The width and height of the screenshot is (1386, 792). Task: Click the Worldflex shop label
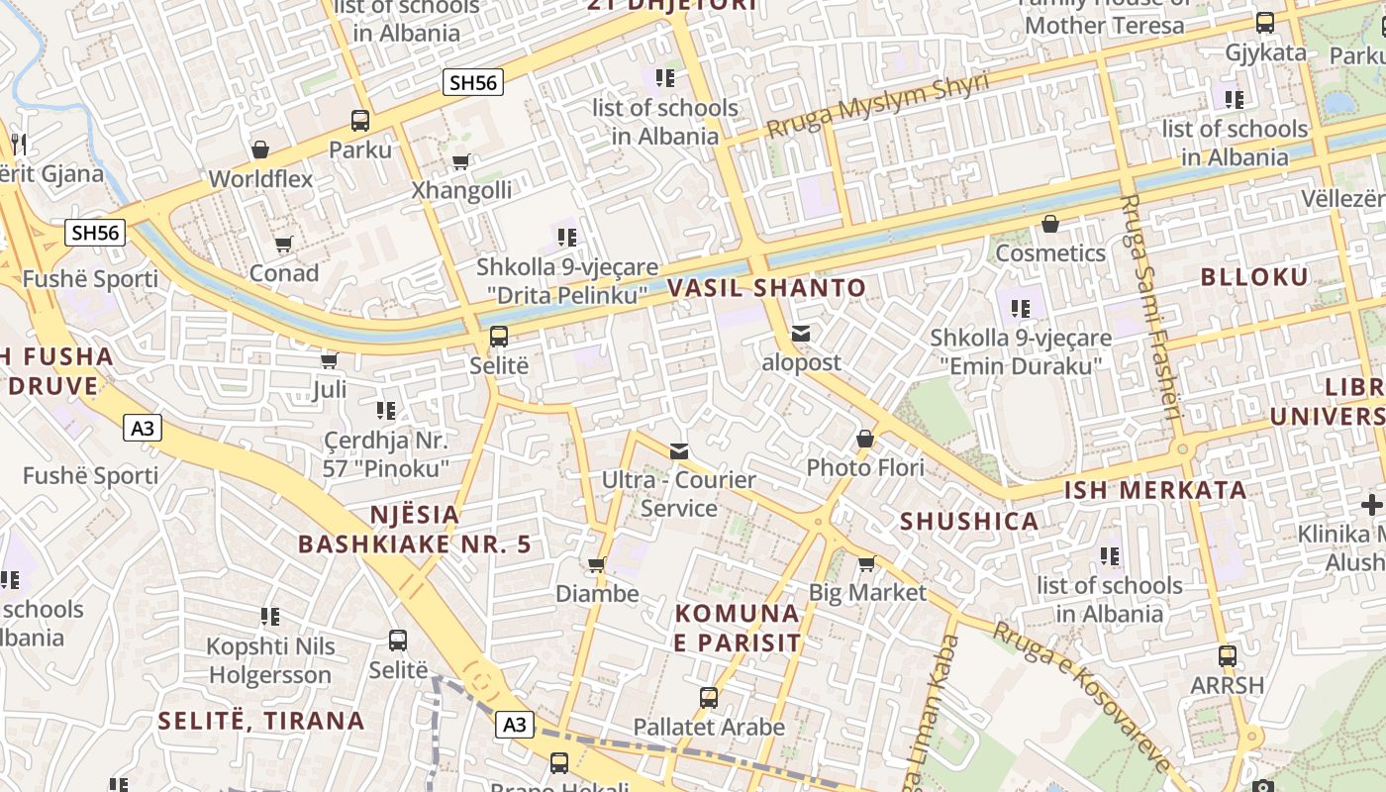pyautogui.click(x=260, y=179)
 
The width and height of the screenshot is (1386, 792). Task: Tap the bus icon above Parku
pyautogui.click(x=360, y=121)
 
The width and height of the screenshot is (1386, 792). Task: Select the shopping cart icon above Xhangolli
pyautogui.click(x=460, y=161)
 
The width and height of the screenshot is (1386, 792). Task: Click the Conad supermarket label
pyautogui.click(x=284, y=272)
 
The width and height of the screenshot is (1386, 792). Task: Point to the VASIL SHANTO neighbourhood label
pyautogui.click(x=766, y=288)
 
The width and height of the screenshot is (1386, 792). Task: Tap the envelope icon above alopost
pyautogui.click(x=801, y=335)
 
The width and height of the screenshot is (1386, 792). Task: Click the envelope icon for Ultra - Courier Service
pyautogui.click(x=679, y=451)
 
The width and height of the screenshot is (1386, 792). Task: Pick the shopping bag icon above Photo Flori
pyautogui.click(x=865, y=438)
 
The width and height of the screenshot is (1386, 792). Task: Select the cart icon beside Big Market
pyautogui.click(x=867, y=563)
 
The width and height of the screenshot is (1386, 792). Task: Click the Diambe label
pyautogui.click(x=597, y=594)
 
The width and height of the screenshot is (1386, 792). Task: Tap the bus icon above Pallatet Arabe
pyautogui.click(x=709, y=697)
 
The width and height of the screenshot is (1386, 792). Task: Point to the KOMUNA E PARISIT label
pyautogui.click(x=738, y=628)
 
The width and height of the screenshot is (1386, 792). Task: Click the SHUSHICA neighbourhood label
pyautogui.click(x=969, y=522)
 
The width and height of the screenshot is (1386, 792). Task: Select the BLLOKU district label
pyautogui.click(x=1254, y=277)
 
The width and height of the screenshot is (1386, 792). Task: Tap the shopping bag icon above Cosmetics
pyautogui.click(x=1050, y=224)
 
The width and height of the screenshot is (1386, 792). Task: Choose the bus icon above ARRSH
pyautogui.click(x=1228, y=655)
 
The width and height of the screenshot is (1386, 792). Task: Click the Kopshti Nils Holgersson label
pyautogui.click(x=269, y=660)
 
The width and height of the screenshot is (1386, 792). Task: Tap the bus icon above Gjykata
pyautogui.click(x=1265, y=23)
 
